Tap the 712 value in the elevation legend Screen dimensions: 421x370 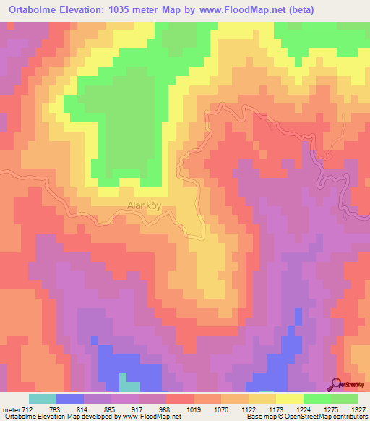tap(28, 410)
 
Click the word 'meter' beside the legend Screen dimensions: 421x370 tap(10, 410)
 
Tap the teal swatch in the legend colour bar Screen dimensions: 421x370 tap(43, 399)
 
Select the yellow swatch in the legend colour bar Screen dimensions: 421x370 tap(289, 399)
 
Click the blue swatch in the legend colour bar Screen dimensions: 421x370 tap(70, 399)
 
